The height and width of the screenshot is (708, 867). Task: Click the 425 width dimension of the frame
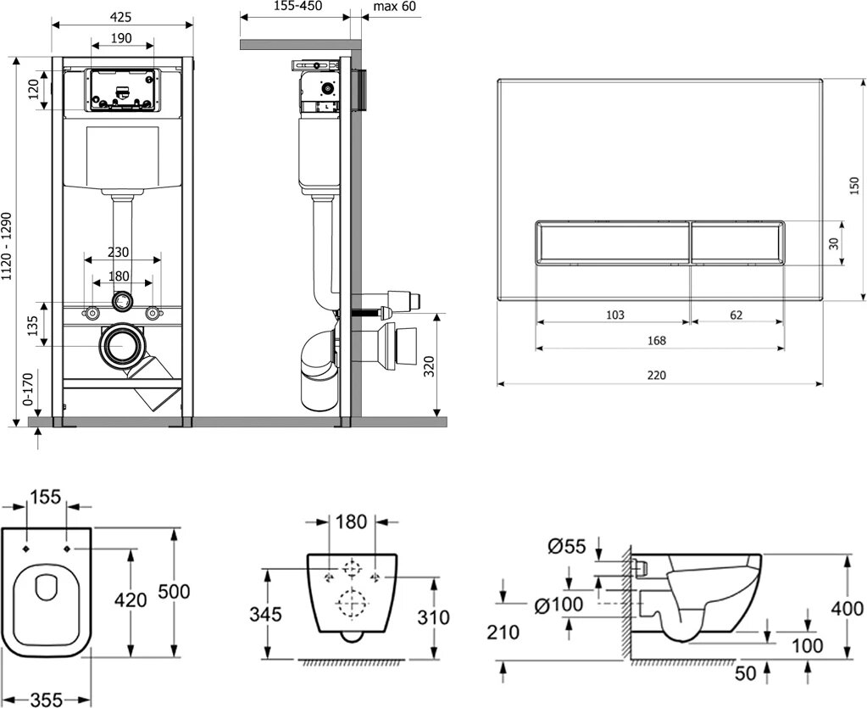click(x=120, y=14)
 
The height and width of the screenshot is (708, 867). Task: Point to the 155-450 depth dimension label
click(x=294, y=8)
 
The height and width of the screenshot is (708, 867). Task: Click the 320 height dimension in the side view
click(x=429, y=366)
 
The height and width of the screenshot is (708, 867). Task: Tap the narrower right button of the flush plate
click(x=736, y=243)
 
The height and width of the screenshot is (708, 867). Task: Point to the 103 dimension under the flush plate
click(x=615, y=315)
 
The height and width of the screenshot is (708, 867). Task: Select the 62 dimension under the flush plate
click(x=736, y=315)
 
